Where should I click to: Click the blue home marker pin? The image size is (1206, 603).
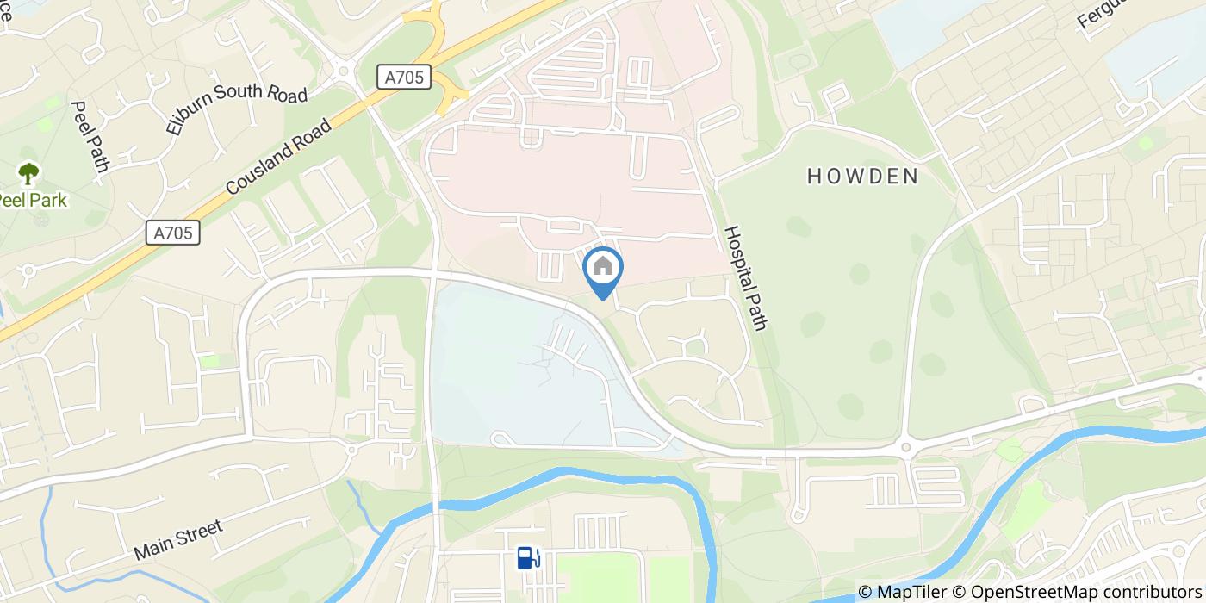point(603,269)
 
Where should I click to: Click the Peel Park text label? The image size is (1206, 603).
point(31,200)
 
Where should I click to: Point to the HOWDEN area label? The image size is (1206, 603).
point(862,177)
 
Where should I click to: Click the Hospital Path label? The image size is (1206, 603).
point(746,277)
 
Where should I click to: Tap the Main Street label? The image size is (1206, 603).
point(178,540)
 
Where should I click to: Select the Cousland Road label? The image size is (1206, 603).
point(278,157)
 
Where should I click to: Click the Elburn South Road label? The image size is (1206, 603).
point(236,110)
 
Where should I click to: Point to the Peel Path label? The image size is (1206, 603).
point(89,136)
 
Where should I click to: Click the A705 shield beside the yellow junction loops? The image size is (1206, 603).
point(404,78)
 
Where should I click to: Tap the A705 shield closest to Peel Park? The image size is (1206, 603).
point(173,233)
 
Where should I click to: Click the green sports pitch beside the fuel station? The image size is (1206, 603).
point(599,577)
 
